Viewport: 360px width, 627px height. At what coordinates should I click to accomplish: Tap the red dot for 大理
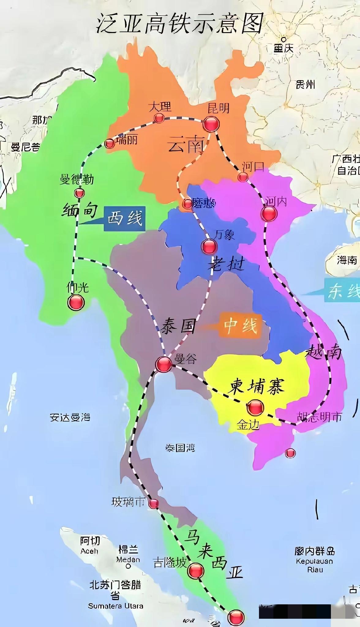click(159, 118)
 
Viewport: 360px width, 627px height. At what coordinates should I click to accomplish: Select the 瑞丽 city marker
click(110, 143)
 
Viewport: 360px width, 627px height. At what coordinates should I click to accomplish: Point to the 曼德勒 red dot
click(79, 193)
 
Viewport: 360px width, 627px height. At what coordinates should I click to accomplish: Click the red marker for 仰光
click(76, 302)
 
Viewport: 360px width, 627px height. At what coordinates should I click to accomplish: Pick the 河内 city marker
click(269, 213)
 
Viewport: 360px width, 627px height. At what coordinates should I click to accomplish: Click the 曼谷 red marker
click(163, 364)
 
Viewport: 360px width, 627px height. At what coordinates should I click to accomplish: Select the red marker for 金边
click(255, 407)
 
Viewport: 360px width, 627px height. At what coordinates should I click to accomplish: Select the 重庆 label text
click(283, 48)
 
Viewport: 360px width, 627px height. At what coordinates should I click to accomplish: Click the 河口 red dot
click(243, 177)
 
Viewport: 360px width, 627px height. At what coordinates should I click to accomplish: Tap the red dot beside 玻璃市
click(154, 504)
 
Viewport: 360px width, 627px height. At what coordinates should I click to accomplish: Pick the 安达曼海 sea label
click(70, 417)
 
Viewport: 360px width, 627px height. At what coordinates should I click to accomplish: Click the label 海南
click(347, 260)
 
